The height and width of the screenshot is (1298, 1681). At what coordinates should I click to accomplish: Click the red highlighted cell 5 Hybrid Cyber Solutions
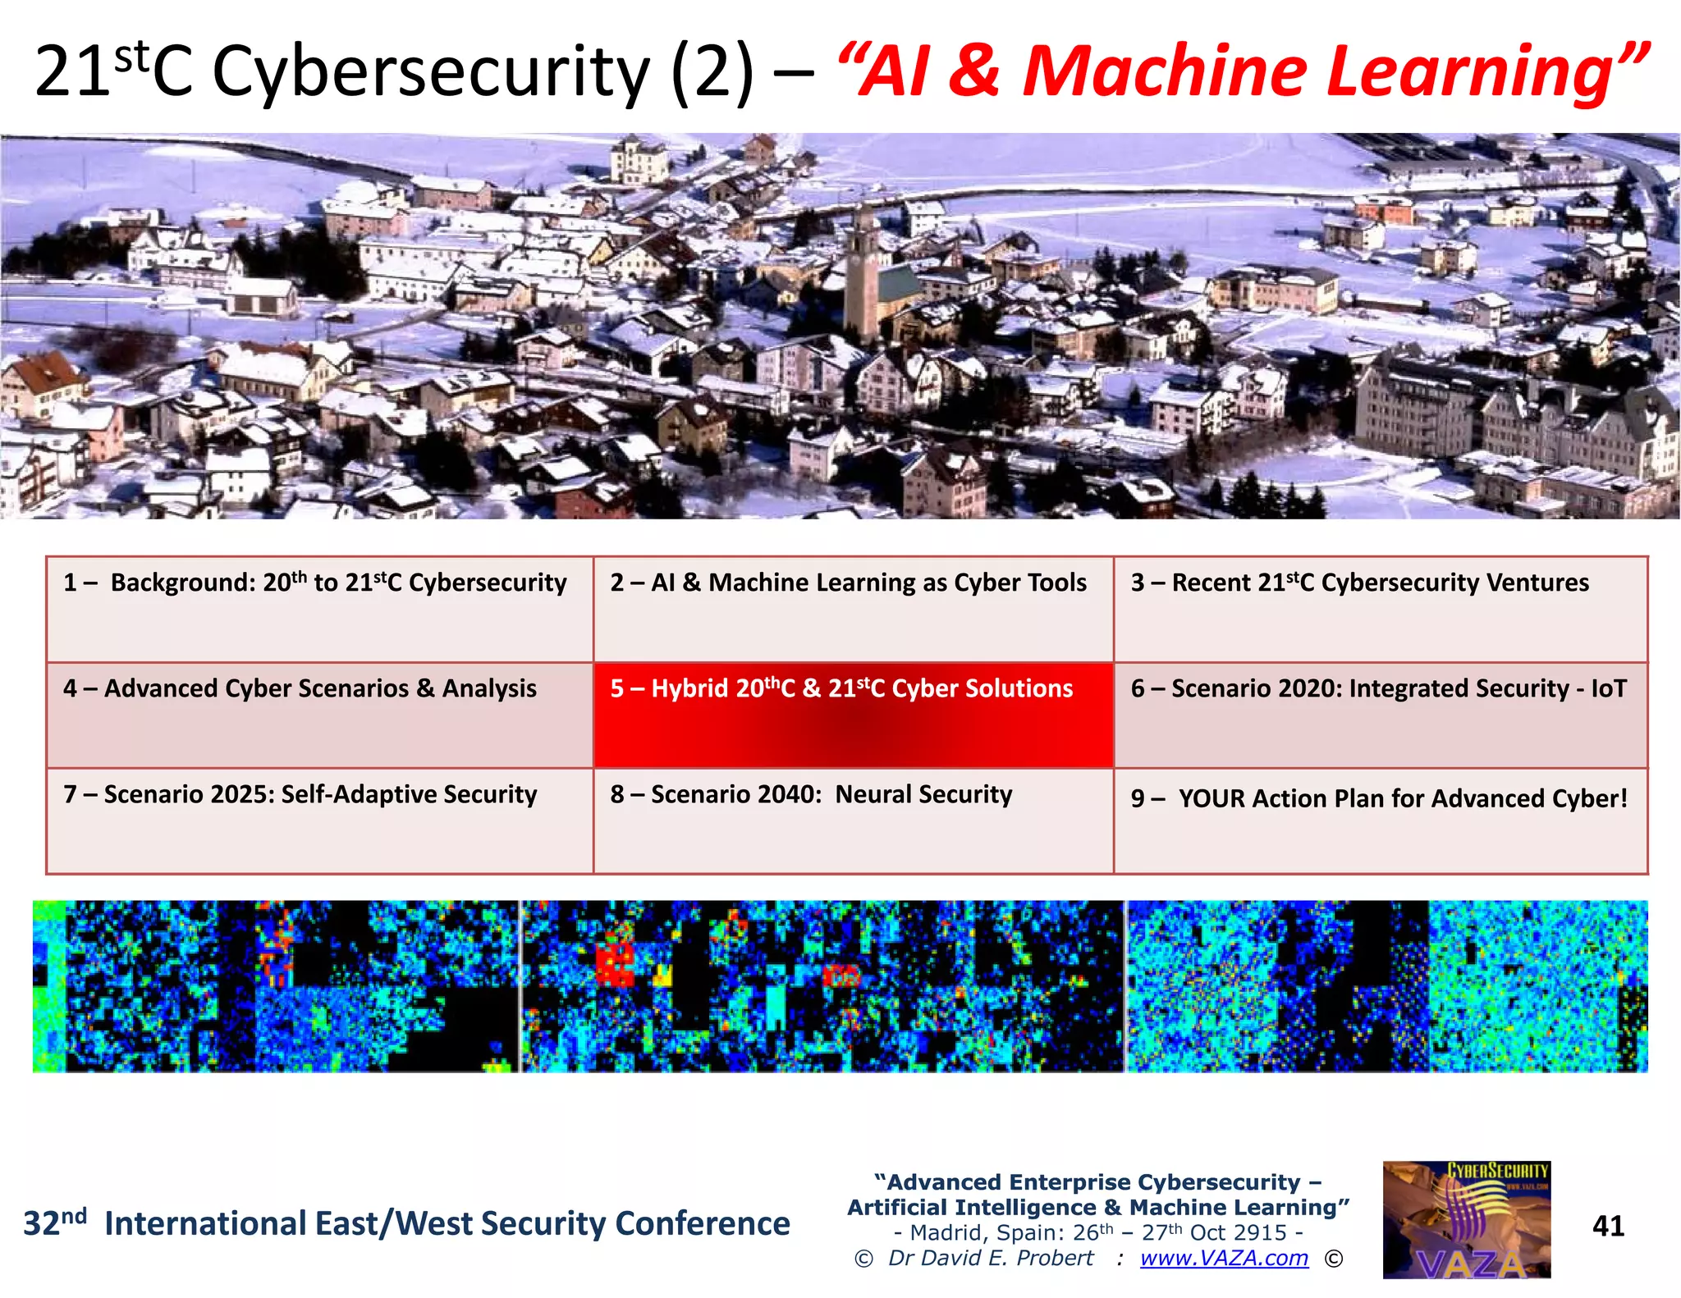click(853, 715)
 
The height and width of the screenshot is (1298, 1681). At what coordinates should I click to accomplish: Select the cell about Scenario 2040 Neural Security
click(853, 820)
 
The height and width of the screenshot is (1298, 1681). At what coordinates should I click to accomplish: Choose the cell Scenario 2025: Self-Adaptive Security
click(319, 820)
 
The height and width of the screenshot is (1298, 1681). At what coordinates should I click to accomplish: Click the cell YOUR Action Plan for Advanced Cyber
click(1380, 820)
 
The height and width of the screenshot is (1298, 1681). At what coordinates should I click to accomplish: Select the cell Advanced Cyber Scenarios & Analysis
click(319, 715)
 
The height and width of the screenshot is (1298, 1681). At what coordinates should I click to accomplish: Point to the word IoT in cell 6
click(1608, 688)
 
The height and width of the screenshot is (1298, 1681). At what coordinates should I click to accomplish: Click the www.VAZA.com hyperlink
click(1224, 1258)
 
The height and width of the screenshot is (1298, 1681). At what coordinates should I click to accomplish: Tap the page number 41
click(1608, 1226)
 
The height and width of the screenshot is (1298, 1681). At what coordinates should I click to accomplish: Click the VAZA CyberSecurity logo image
click(1467, 1219)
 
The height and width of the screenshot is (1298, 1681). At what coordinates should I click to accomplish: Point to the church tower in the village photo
click(862, 263)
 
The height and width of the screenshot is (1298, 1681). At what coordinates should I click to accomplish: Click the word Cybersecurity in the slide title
click(431, 72)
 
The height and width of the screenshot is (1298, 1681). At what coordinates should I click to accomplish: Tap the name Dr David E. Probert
click(991, 1258)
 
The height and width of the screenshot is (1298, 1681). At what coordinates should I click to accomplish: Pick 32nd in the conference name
click(54, 1223)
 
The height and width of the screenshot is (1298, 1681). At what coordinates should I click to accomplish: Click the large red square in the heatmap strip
click(616, 963)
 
